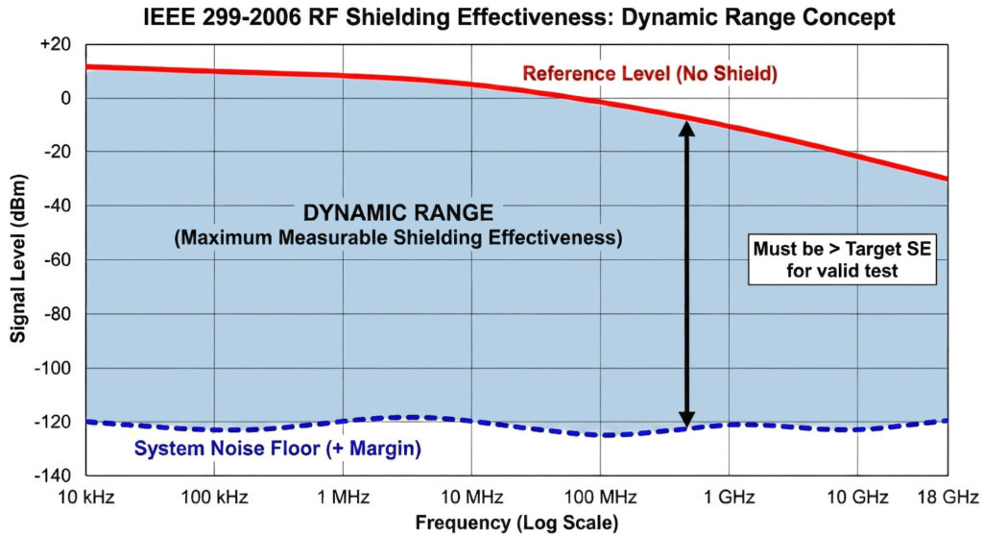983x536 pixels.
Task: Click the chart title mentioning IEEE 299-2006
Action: click(491, 16)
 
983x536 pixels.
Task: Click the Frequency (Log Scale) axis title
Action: click(516, 523)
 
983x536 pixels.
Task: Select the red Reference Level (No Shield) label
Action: click(649, 73)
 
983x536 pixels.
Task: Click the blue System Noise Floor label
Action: click(277, 448)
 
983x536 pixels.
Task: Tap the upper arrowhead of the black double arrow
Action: click(686, 129)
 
